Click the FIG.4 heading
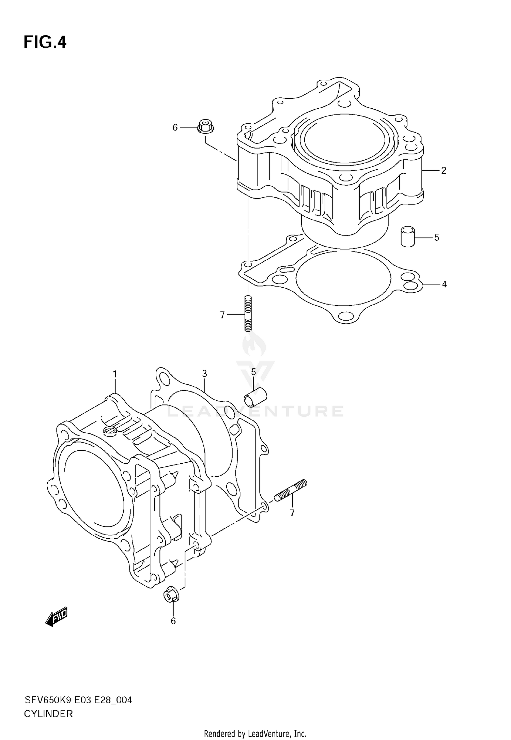(x=45, y=43)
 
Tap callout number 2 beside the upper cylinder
(x=444, y=170)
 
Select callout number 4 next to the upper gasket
(x=444, y=284)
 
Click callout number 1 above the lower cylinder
(x=115, y=374)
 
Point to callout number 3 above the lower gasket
(x=204, y=374)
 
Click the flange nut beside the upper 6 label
(x=205, y=126)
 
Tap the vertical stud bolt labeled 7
(x=248, y=313)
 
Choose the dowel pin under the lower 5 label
(x=255, y=397)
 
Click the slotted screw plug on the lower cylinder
(x=110, y=431)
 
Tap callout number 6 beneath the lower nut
(x=173, y=621)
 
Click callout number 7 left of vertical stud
(x=222, y=315)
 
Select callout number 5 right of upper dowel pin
(x=437, y=237)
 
